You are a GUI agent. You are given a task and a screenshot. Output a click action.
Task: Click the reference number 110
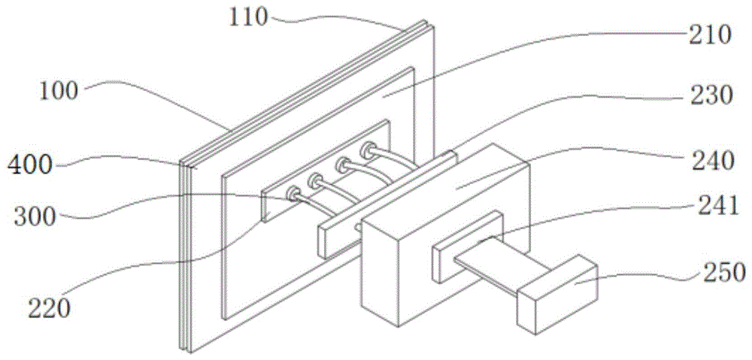pyautogui.click(x=249, y=16)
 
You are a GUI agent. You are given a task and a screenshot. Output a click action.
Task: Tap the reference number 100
pyautogui.click(x=59, y=91)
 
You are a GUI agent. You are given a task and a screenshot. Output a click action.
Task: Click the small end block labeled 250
pyautogui.click(x=556, y=293)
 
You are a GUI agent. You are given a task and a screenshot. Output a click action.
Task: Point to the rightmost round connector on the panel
pyautogui.click(x=368, y=150)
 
